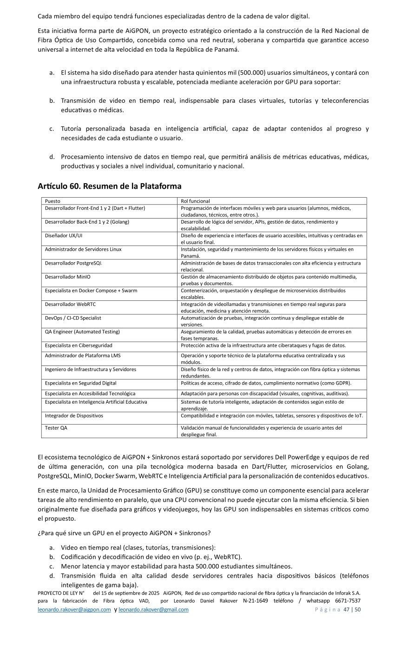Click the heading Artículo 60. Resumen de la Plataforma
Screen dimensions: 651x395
109,186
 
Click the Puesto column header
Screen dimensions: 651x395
53,201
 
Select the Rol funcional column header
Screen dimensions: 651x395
195,201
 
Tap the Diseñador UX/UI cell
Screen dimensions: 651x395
64,236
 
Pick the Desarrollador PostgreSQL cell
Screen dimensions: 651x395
73,263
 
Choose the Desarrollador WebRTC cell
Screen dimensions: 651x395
70,304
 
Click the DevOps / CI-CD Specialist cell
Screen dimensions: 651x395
73,318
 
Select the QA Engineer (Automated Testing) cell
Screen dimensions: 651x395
82,332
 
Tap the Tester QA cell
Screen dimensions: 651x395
56,428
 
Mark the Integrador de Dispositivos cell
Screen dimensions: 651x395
74,416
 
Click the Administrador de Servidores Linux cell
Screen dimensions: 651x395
83,249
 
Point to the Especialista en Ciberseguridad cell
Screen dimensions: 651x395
79,345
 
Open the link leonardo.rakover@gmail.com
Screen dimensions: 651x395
153,610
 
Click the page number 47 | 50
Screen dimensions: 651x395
352,610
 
